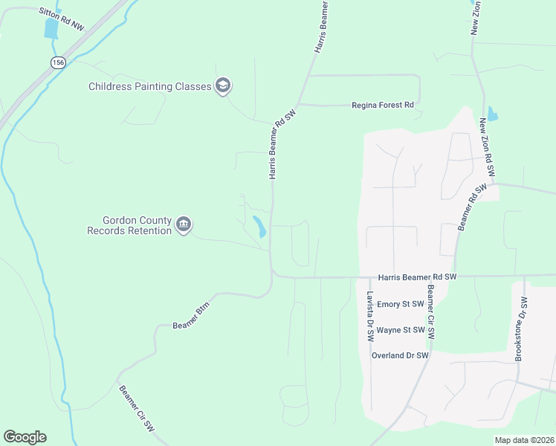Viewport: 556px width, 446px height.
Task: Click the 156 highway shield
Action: (x=57, y=62)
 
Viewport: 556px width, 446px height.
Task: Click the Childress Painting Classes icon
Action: (x=222, y=86)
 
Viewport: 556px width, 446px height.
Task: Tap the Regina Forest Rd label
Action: (x=382, y=106)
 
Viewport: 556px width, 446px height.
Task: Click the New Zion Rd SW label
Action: (x=488, y=146)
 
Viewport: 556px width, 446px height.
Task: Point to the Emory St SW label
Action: (x=400, y=304)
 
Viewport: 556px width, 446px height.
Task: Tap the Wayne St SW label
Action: (x=400, y=330)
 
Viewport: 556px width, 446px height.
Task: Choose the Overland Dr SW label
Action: (x=400, y=355)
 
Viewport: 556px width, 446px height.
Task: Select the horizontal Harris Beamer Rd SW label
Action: (x=416, y=277)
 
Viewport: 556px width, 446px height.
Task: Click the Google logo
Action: (x=25, y=437)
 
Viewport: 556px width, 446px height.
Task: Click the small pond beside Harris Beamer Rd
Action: (x=259, y=226)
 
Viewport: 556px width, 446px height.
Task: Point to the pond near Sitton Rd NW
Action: (x=51, y=28)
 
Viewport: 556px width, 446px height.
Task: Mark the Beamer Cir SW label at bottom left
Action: (x=135, y=404)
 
